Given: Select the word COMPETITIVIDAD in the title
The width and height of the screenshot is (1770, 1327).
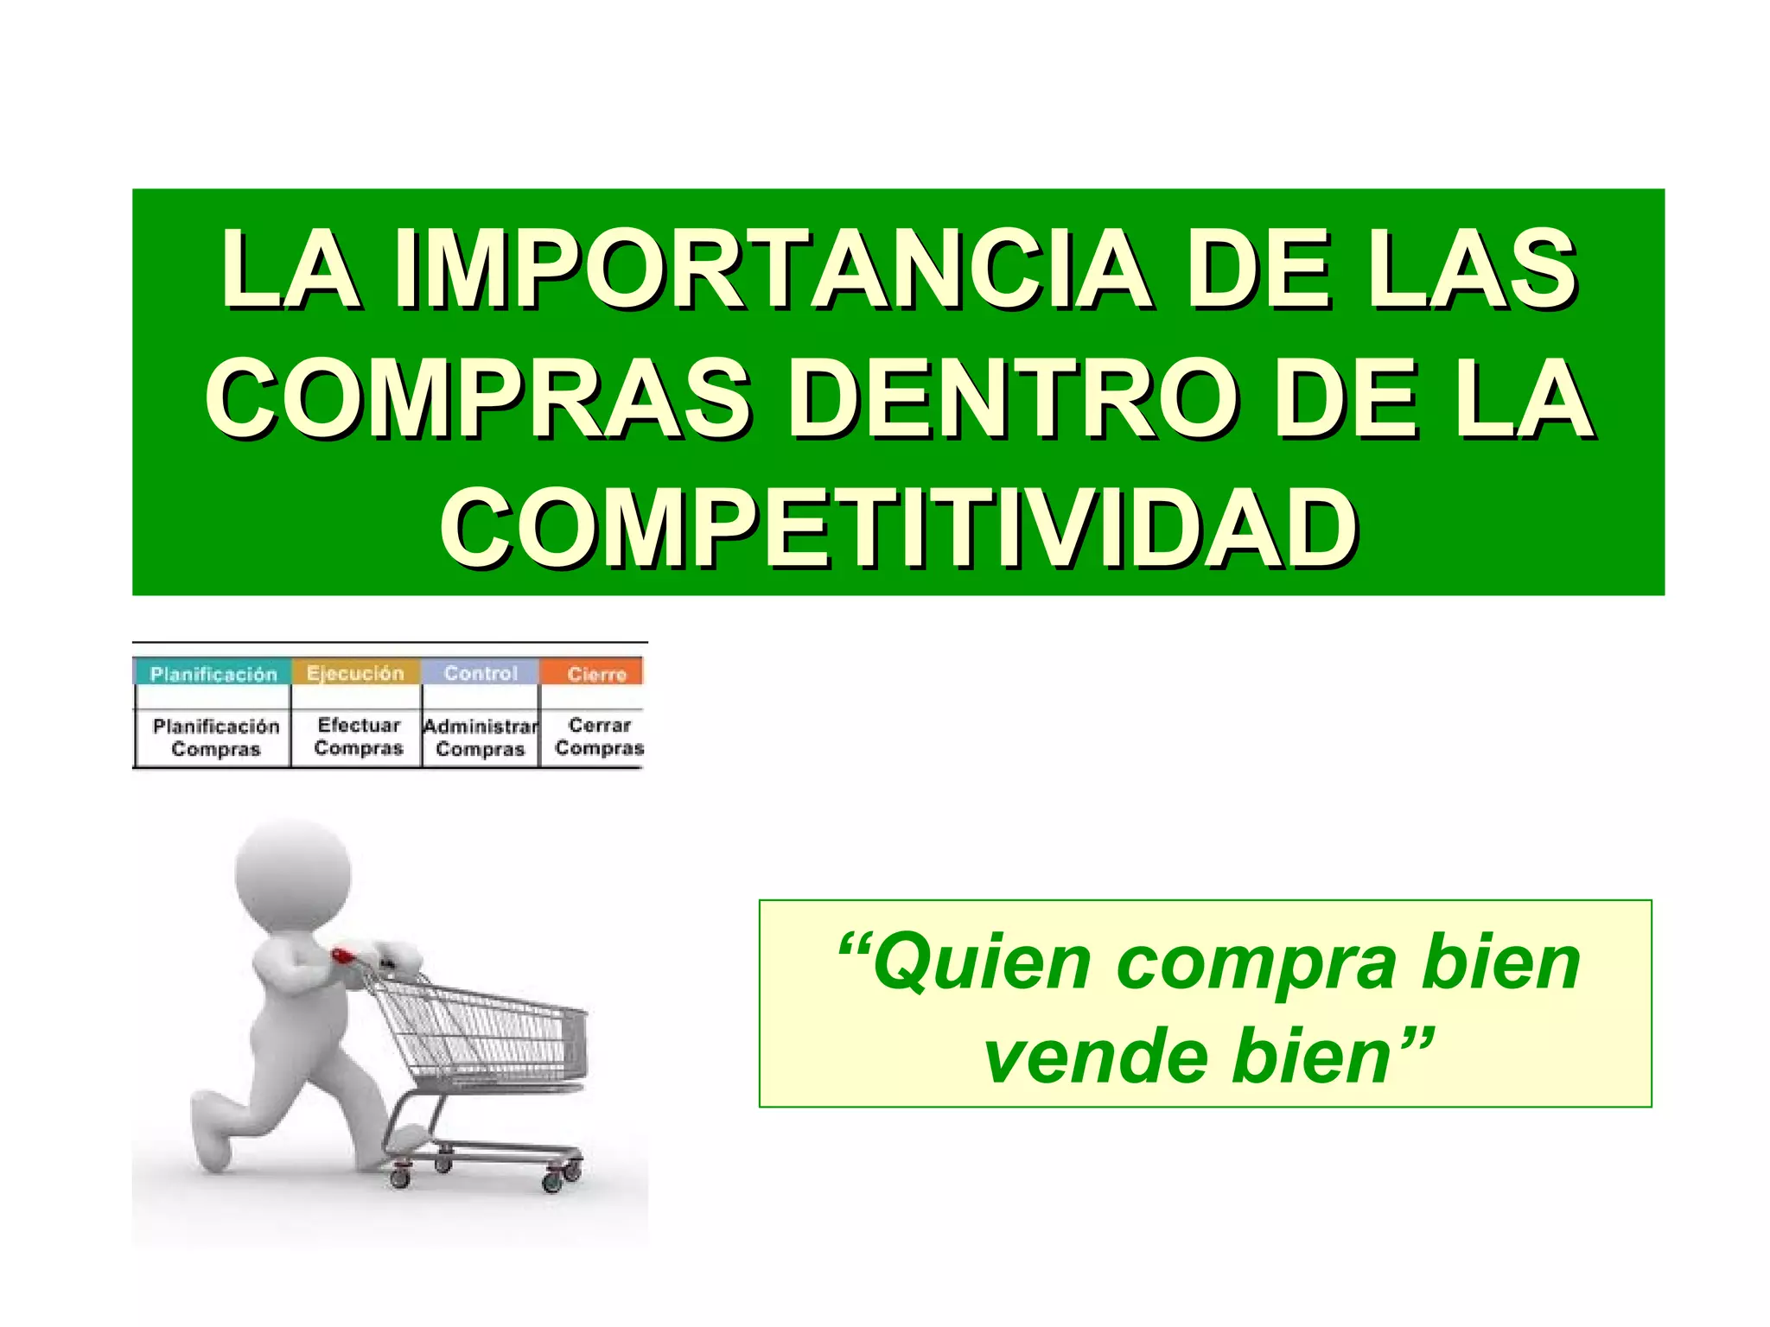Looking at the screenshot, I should click(x=899, y=529).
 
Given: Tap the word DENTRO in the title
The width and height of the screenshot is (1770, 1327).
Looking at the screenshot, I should click(x=1019, y=399).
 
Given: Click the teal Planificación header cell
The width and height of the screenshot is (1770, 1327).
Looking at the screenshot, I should click(x=213, y=673).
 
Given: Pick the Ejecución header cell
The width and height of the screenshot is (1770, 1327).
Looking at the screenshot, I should click(x=355, y=673).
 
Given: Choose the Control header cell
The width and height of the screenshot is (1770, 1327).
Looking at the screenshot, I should click(x=481, y=673).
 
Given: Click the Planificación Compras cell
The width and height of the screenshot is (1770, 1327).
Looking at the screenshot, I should click(x=215, y=737).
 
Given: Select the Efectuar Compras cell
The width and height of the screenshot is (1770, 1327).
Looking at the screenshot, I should click(x=358, y=736).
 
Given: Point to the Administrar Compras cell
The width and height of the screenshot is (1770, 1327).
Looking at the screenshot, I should click(x=481, y=737).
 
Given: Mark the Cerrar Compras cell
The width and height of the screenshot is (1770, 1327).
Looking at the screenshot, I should click(x=599, y=736).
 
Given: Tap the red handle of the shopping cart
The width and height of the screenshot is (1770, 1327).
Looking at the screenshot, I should click(x=343, y=956).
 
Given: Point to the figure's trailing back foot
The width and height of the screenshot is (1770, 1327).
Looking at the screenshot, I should click(x=213, y=1145).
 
